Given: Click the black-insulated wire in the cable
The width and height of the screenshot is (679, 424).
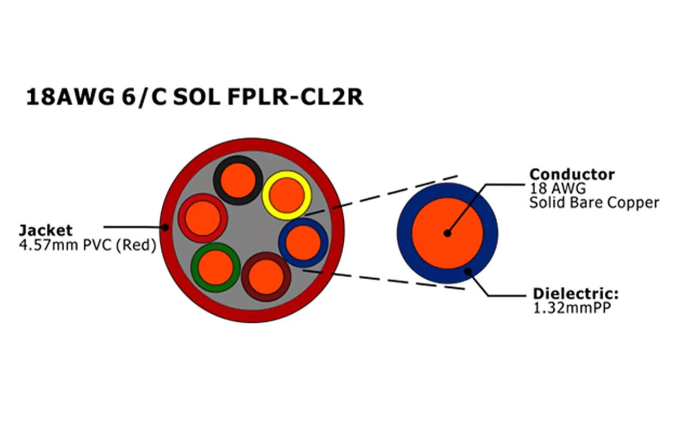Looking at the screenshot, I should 238,180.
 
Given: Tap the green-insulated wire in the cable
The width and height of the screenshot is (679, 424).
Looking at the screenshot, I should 215,267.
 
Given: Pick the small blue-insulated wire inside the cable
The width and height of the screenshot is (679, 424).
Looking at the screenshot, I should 303,243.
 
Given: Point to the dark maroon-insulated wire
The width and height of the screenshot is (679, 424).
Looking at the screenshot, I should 266,276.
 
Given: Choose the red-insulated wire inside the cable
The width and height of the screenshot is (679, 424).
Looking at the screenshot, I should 203,218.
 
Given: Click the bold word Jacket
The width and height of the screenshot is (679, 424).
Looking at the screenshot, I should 46,230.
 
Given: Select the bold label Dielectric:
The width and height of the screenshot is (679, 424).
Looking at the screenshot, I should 576,294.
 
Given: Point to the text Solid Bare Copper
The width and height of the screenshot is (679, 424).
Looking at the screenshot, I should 594,202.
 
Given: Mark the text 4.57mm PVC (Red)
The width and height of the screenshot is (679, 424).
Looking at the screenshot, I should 88,245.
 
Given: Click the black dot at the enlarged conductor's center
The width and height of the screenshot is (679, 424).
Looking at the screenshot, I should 448,233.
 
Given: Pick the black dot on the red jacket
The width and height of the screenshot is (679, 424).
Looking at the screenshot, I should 165,227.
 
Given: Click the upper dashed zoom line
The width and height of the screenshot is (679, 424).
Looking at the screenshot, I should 382,195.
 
